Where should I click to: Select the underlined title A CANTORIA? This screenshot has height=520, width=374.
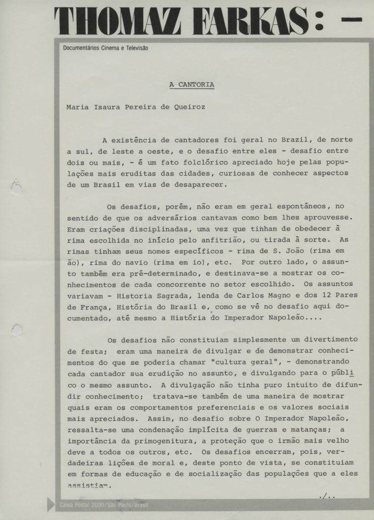[192, 85]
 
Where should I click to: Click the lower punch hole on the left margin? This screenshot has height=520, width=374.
[16, 330]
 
